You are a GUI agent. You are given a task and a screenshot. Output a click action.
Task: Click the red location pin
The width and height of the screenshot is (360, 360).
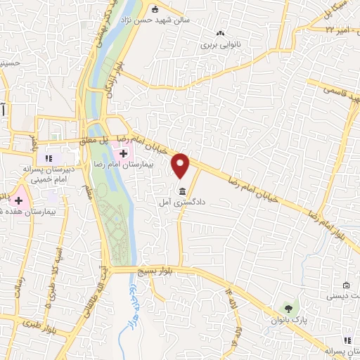(x=181, y=165)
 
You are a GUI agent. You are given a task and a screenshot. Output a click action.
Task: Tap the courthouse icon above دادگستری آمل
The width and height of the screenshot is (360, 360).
(x=182, y=192)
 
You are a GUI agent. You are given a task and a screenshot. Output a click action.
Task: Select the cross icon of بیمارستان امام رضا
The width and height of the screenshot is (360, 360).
(x=123, y=153)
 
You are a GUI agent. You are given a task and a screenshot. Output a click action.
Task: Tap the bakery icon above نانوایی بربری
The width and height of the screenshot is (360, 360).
(x=221, y=33)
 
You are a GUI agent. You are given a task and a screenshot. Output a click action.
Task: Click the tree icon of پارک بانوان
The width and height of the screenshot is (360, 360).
(x=287, y=308)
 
